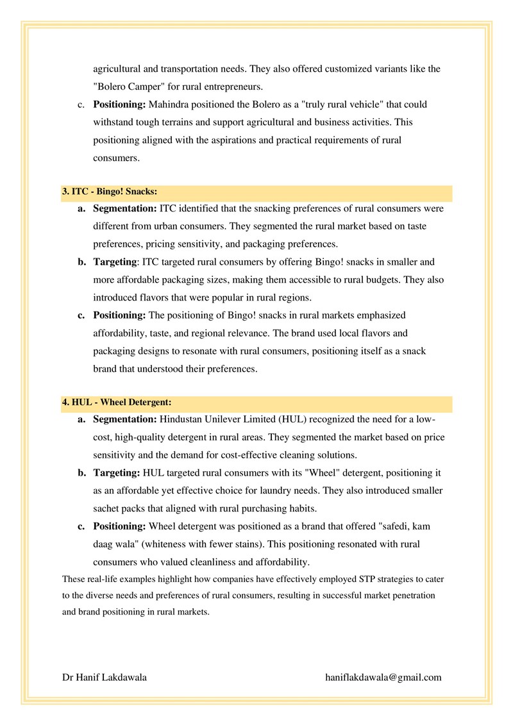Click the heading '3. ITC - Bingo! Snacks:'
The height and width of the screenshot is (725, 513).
click(110, 192)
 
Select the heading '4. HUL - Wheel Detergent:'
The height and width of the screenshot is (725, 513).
click(117, 403)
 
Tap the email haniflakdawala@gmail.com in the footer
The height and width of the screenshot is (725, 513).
click(383, 677)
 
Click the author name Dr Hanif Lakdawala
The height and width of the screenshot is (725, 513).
click(104, 677)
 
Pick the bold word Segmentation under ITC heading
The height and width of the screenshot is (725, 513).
click(124, 209)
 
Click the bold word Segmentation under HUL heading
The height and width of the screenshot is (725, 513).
click(124, 420)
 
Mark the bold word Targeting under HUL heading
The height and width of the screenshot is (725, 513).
click(116, 473)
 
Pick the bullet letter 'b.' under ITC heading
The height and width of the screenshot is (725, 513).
click(82, 262)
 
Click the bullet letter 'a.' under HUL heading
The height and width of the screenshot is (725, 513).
click(82, 420)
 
